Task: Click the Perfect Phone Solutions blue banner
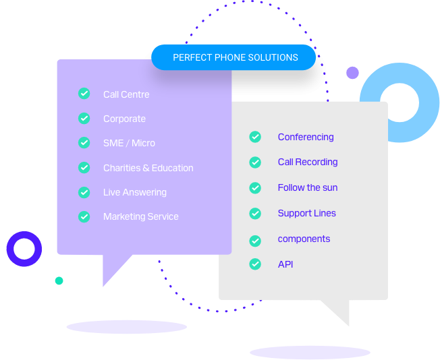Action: [x=234, y=57]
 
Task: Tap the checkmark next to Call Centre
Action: [x=84, y=94]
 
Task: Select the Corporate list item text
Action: [x=124, y=119]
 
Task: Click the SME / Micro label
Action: [x=129, y=143]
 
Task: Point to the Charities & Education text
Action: [x=148, y=168]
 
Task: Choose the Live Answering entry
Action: [x=134, y=192]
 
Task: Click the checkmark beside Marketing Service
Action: [x=84, y=216]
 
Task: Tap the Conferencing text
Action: [x=306, y=137]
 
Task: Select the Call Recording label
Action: [x=307, y=162]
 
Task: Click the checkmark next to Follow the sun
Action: [x=255, y=188]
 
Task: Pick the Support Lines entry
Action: [x=306, y=213]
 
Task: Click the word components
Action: [x=304, y=239]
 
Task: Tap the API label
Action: [x=285, y=264]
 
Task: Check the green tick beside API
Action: [x=255, y=264]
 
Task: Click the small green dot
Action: [x=59, y=280]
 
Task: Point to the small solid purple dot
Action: [x=352, y=73]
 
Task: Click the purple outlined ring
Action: [x=24, y=249]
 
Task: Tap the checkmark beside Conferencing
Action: [x=255, y=137]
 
